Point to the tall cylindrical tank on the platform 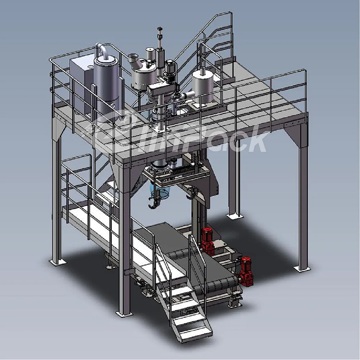(107, 85)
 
